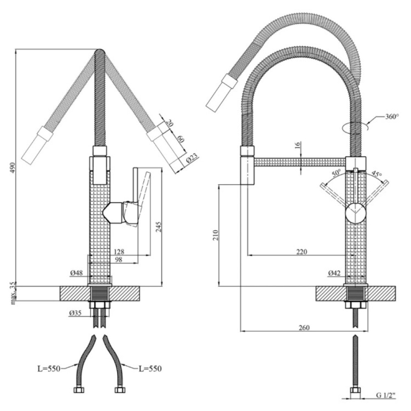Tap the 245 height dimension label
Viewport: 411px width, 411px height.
tap(158, 227)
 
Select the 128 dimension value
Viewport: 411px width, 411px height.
tap(119, 252)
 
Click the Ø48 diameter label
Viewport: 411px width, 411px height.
tap(76, 273)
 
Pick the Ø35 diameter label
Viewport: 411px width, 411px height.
tap(75, 313)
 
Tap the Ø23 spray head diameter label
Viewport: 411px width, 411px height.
tap(192, 159)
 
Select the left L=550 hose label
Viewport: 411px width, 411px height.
tap(49, 369)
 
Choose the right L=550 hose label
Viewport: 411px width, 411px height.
tap(150, 369)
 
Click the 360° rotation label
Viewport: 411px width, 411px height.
tap(392, 116)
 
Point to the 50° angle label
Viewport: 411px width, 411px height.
tap(336, 173)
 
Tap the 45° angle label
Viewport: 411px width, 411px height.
tap(376, 173)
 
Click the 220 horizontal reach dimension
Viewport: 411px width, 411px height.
tap(301, 252)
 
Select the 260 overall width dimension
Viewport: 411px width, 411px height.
tap(304, 328)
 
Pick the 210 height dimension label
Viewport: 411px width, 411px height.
tap(215, 235)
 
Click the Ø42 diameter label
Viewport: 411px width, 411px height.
tap(334, 273)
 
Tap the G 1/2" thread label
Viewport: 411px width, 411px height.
tap(386, 395)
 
